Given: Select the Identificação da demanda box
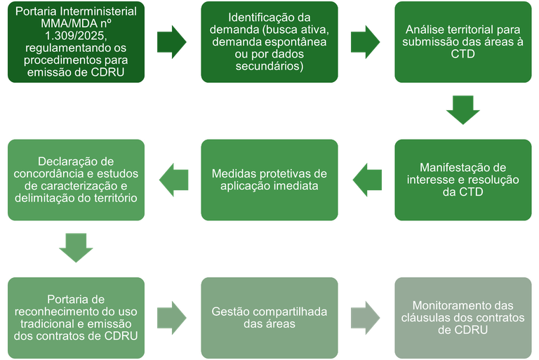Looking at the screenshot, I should pyautogui.click(x=269, y=42).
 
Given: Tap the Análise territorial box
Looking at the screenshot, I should pyautogui.click(x=463, y=42).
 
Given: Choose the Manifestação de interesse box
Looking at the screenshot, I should pyautogui.click(x=463, y=180).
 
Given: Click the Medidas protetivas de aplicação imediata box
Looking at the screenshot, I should pyautogui.click(x=269, y=180).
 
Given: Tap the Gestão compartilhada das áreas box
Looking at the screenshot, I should pyautogui.click(x=269, y=316).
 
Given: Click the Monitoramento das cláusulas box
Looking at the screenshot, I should pyautogui.click(x=463, y=316).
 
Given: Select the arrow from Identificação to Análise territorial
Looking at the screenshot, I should pyautogui.click(x=366, y=42).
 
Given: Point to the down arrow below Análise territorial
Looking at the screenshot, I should pyautogui.click(x=463, y=110).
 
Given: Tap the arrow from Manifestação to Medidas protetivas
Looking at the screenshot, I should pyautogui.click(x=366, y=180).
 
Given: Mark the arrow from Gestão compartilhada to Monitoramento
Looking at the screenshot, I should pyautogui.click(x=366, y=316).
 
